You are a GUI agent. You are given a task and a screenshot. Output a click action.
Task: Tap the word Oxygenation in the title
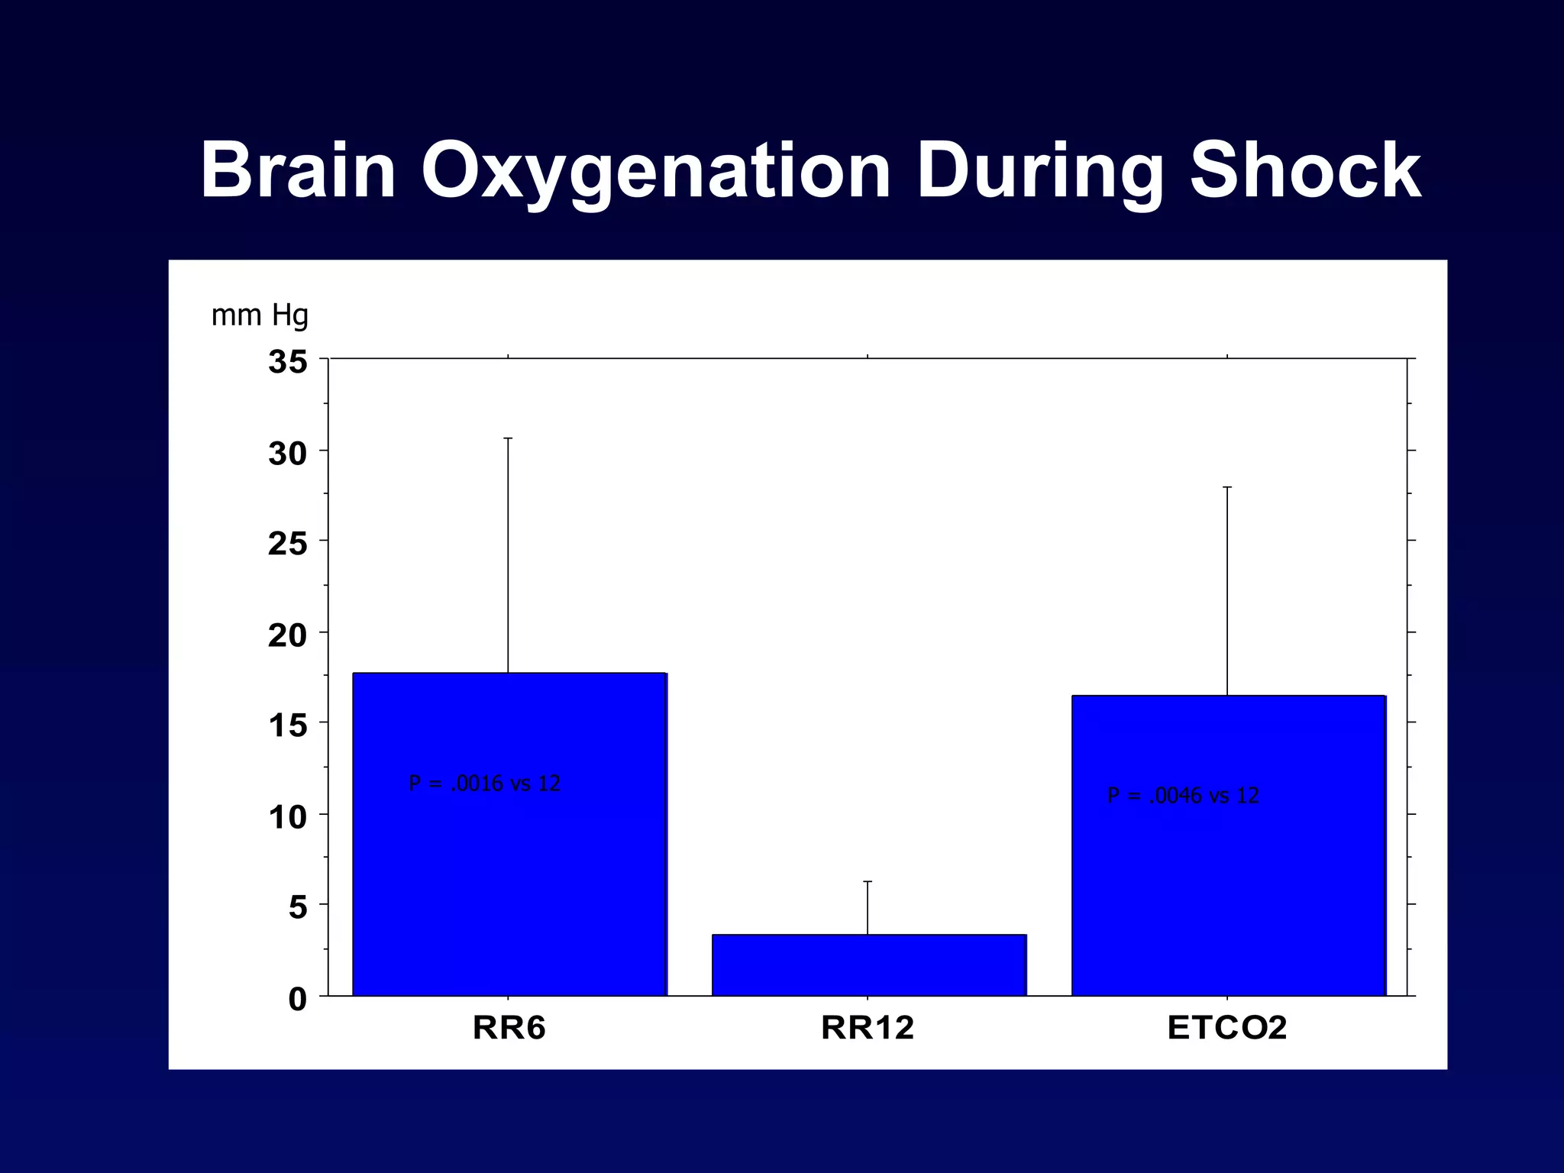pyautogui.click(x=655, y=172)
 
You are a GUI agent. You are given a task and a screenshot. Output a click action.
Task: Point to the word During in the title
pyautogui.click(x=1039, y=172)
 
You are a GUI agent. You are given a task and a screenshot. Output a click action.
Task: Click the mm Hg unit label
pyautogui.click(x=260, y=315)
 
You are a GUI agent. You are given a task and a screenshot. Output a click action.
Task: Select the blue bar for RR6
pyautogui.click(x=509, y=878)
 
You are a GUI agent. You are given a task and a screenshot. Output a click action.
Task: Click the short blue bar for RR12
pyautogui.click(x=868, y=965)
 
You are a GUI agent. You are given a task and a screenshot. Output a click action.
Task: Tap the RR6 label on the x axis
pyautogui.click(x=509, y=1028)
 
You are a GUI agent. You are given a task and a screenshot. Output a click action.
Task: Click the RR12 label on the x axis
pyautogui.click(x=868, y=1028)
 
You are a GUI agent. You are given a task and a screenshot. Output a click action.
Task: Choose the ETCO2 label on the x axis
pyautogui.click(x=1227, y=1028)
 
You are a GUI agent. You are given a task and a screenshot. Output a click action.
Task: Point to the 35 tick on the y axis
pyautogui.click(x=288, y=361)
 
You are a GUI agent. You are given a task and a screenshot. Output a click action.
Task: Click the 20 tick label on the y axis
pyautogui.click(x=288, y=635)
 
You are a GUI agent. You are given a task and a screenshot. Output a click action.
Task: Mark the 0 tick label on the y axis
pyautogui.click(x=298, y=999)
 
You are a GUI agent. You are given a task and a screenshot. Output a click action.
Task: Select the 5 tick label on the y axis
pyautogui.click(x=298, y=907)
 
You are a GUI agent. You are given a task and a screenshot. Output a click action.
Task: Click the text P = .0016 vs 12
pyautogui.click(x=484, y=784)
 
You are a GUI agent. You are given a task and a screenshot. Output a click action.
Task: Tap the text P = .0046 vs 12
pyautogui.click(x=1182, y=796)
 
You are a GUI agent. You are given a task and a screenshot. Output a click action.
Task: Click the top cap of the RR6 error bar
pyautogui.click(x=508, y=438)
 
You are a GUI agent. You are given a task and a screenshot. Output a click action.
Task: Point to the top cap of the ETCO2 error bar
pyautogui.click(x=1227, y=487)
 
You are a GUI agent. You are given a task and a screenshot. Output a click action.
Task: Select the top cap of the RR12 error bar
pyautogui.click(x=868, y=882)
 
